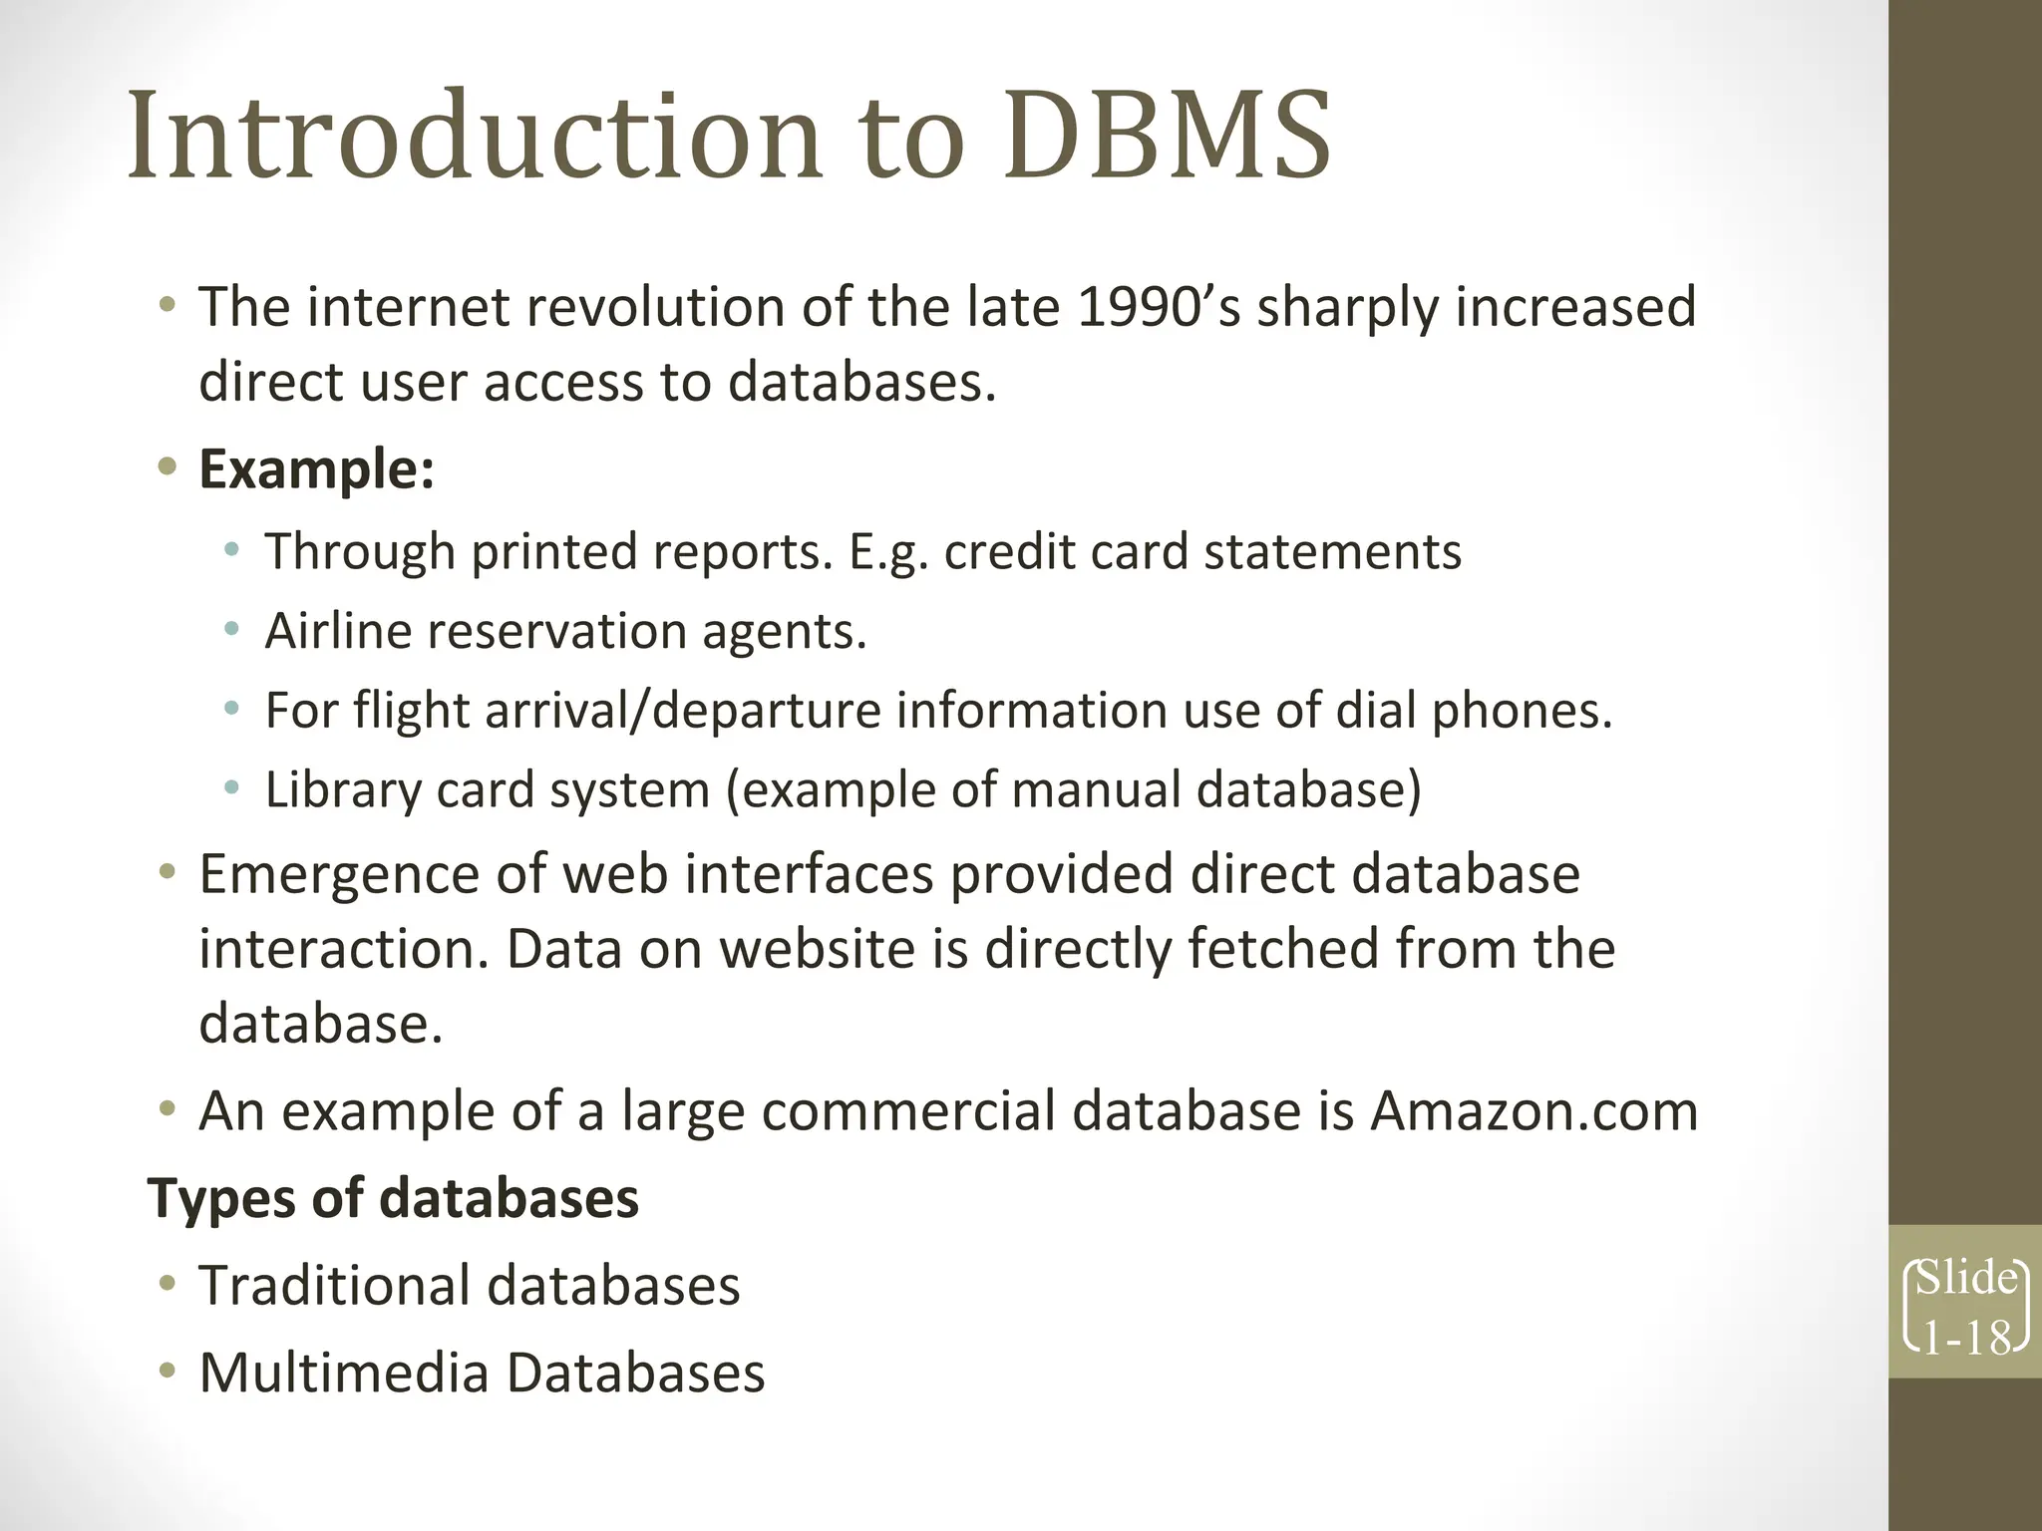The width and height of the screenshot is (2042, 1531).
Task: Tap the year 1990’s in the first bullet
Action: click(1160, 306)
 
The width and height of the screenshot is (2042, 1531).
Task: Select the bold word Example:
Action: click(317, 468)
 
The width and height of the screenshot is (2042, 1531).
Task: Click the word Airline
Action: click(338, 631)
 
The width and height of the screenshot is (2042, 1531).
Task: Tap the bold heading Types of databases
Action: click(393, 1197)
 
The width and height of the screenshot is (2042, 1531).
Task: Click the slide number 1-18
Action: click(1966, 1338)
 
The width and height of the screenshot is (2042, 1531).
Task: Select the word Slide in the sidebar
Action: click(1966, 1278)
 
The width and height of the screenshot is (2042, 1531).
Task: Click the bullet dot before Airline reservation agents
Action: click(232, 630)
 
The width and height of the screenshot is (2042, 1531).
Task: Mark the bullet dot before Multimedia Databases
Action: click(168, 1372)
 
